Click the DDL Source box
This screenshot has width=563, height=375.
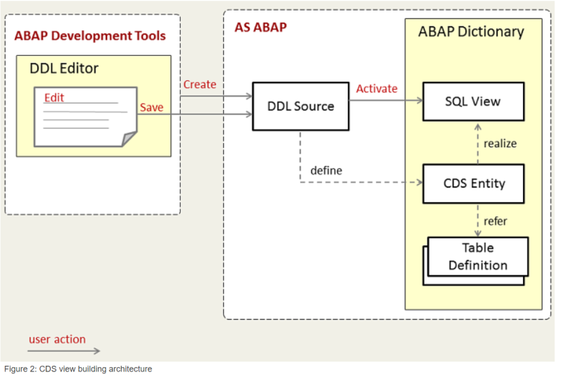point(301,106)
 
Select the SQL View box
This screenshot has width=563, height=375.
point(473,102)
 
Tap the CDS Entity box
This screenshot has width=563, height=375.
point(474,183)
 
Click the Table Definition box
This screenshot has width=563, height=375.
point(478,257)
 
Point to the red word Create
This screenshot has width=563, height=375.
point(200,84)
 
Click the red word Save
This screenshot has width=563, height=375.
point(151,107)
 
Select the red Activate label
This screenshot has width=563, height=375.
point(377,89)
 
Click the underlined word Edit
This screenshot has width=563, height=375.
point(53,98)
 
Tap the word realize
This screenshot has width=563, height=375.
point(500,143)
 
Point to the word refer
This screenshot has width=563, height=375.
point(495,221)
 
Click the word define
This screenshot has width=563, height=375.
point(326,171)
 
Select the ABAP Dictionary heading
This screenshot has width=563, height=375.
point(471,32)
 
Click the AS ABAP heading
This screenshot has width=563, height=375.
point(260,27)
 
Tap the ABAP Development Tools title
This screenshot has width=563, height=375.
point(90,35)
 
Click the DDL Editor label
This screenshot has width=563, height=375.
point(64,68)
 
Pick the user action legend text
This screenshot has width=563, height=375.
point(57,339)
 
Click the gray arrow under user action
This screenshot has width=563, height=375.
point(64,350)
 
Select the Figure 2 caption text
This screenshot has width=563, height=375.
point(77,368)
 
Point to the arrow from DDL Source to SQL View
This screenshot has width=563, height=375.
point(385,100)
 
